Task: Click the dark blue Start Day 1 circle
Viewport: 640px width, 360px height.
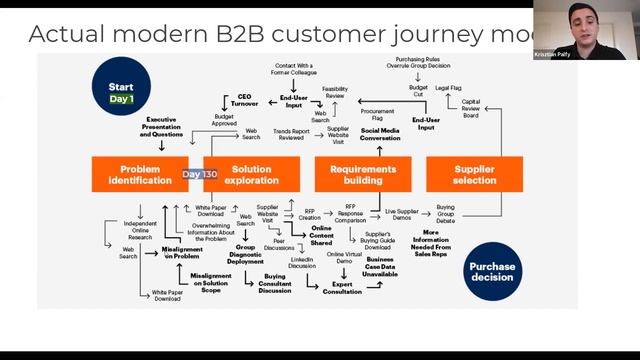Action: (x=121, y=92)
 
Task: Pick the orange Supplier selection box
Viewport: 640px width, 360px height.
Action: (x=474, y=174)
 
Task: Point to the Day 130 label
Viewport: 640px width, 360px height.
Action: (x=199, y=174)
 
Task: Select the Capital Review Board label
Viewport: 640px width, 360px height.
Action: (x=471, y=108)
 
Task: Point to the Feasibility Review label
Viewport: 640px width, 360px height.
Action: (x=335, y=92)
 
